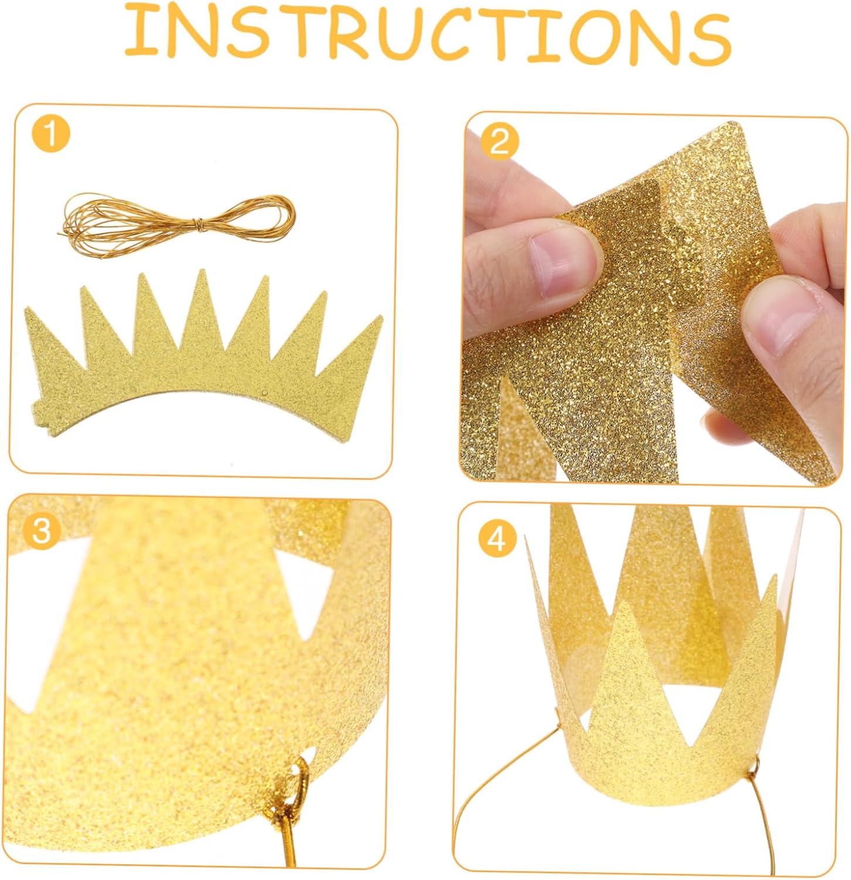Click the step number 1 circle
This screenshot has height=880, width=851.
click(52, 134)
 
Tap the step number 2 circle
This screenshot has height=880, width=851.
click(499, 141)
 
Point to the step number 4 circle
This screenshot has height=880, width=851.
click(497, 539)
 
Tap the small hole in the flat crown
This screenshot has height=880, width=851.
click(265, 392)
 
